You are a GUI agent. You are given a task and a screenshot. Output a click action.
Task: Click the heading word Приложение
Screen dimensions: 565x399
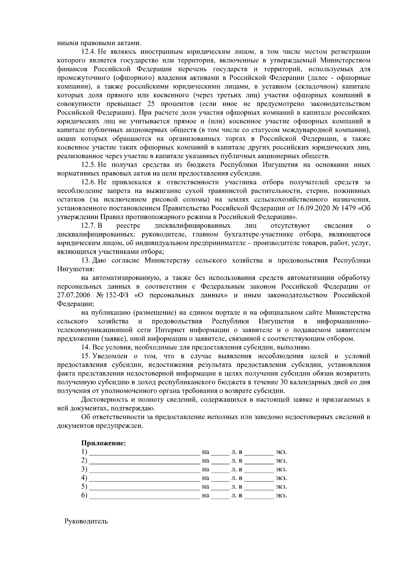[x=103, y=443]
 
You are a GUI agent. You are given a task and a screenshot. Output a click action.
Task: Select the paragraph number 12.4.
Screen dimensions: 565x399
[x=89, y=52]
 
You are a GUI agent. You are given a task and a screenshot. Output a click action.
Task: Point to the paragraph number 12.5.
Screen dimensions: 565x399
[x=89, y=165]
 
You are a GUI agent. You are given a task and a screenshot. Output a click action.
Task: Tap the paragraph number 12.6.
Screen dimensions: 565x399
[x=89, y=182]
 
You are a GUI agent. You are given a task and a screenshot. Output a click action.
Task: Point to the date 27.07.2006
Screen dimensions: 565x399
[x=73, y=295]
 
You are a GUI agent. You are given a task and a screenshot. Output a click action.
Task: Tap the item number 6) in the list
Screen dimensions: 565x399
[x=84, y=495]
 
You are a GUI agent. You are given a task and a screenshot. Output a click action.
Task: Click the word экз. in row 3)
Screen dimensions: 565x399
[x=281, y=469]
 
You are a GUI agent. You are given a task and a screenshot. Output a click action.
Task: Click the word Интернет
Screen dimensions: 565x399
[x=172, y=330]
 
